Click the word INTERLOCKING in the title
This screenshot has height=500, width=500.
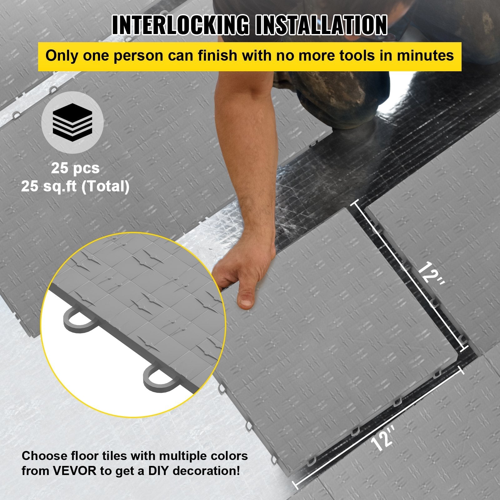point(180,25)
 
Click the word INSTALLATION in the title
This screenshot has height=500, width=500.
point(321,25)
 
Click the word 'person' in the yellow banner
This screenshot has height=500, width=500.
point(138,56)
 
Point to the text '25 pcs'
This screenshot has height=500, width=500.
point(75,168)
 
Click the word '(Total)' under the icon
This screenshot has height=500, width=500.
point(105,187)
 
